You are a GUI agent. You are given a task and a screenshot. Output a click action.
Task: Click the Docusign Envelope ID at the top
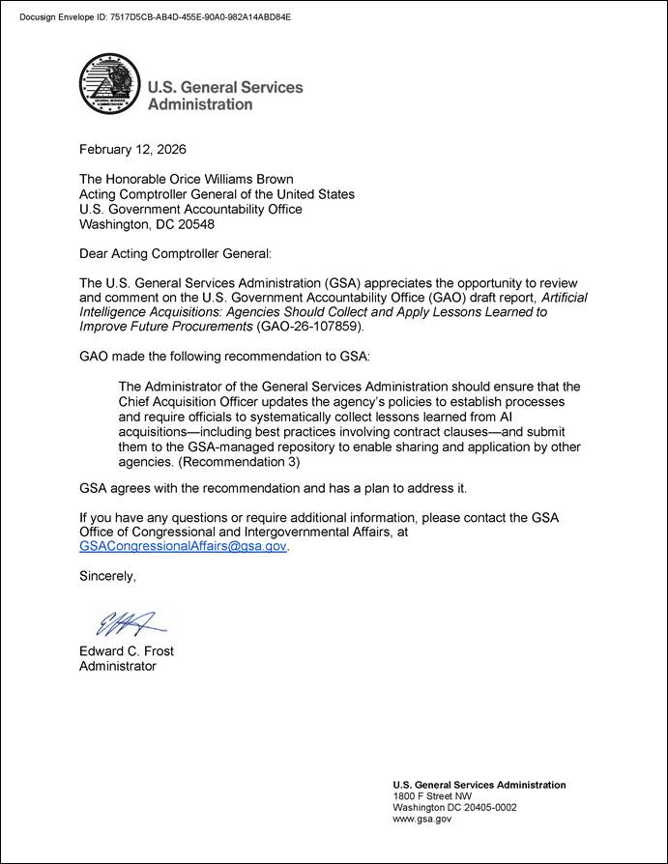[155, 17]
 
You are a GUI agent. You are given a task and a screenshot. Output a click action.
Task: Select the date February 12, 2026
[132, 150]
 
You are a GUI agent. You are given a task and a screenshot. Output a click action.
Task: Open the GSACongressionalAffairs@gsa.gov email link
[183, 546]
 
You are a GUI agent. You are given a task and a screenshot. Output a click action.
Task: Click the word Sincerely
[107, 576]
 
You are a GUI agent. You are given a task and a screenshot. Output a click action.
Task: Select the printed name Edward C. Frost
[127, 651]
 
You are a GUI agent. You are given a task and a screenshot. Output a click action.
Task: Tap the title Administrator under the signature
[117, 666]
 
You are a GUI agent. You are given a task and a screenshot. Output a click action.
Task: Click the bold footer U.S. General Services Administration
[479, 785]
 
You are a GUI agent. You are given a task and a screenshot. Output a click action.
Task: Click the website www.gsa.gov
[421, 820]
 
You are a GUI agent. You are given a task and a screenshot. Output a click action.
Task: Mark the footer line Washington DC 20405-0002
[454, 808]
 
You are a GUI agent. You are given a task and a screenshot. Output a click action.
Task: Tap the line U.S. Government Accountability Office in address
[190, 209]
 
